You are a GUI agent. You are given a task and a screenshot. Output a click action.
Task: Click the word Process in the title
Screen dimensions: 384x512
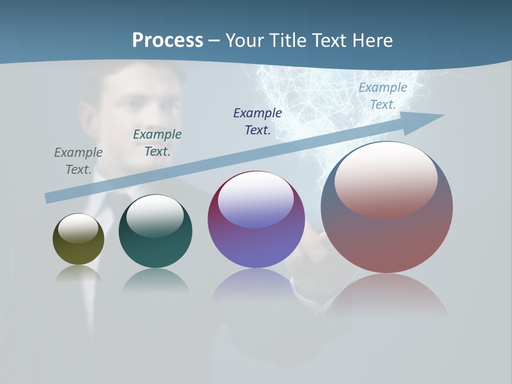(x=167, y=41)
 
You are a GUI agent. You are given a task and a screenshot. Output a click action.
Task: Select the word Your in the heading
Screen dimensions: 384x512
(x=245, y=41)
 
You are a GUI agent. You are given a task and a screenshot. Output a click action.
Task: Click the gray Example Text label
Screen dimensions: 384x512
(x=78, y=161)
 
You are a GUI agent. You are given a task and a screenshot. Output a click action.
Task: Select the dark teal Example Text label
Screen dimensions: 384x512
(x=157, y=143)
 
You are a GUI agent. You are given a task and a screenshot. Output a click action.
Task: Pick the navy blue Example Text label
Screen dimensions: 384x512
(x=258, y=122)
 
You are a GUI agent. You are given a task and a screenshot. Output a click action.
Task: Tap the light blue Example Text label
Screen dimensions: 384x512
(x=383, y=96)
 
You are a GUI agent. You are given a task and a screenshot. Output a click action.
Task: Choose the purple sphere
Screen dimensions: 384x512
(x=256, y=245)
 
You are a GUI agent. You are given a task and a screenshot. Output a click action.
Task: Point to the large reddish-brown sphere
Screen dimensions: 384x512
(x=387, y=240)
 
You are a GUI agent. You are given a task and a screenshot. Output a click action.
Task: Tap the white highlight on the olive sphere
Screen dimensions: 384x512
(x=78, y=228)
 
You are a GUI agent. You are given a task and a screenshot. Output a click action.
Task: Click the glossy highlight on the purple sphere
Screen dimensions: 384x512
(x=255, y=199)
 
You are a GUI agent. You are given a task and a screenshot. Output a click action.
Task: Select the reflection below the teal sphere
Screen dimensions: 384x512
(x=155, y=280)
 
